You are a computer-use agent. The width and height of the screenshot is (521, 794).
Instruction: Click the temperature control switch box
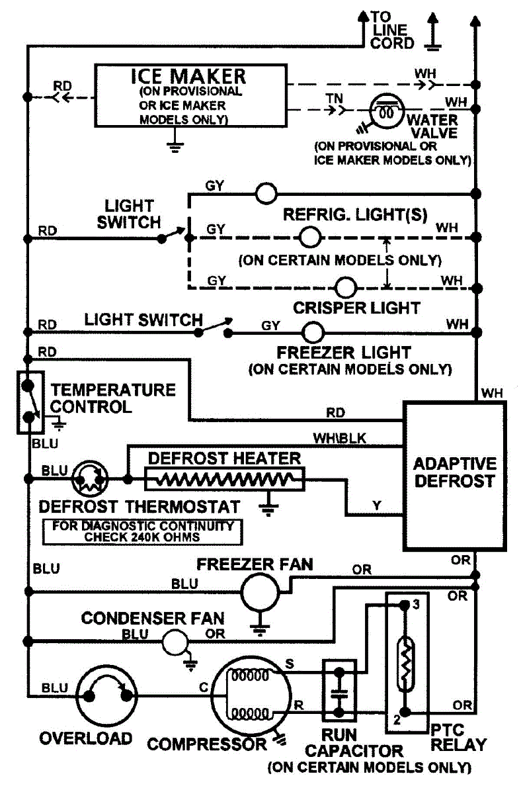pos(27,402)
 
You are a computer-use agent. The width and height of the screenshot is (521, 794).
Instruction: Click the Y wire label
pos(376,505)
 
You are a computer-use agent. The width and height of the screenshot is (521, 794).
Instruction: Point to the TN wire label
pos(334,99)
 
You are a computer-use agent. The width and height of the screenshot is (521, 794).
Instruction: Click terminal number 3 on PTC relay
pos(415,603)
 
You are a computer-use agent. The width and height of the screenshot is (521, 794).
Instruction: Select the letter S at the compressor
pos(288,662)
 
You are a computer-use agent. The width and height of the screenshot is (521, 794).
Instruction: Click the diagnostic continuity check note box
pos(140,531)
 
